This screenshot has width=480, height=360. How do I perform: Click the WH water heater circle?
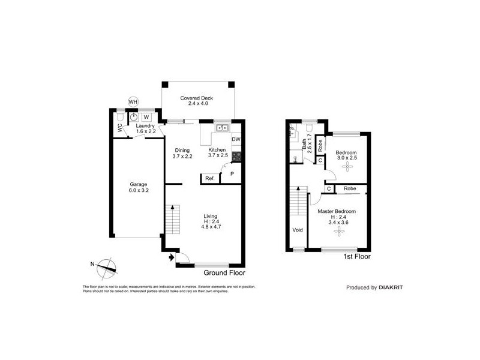click(x=133, y=102)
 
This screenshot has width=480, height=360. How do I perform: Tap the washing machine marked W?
click(x=146, y=117)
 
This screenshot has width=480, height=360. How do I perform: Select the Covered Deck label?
click(x=197, y=98)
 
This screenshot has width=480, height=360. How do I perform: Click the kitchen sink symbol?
click(x=221, y=127)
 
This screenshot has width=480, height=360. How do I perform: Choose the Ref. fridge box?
click(x=210, y=178)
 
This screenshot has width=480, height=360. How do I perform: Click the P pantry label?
click(x=232, y=173)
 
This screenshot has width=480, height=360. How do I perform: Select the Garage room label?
click(x=138, y=184)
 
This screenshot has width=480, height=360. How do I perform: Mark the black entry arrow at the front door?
click(x=172, y=258)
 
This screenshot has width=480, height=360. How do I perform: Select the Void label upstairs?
click(x=297, y=230)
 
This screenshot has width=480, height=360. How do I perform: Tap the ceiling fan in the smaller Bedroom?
click(x=346, y=168)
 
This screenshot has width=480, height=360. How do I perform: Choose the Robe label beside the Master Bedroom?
click(x=350, y=188)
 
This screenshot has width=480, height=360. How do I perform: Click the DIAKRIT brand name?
click(x=391, y=287)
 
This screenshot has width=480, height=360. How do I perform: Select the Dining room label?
click(x=182, y=151)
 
